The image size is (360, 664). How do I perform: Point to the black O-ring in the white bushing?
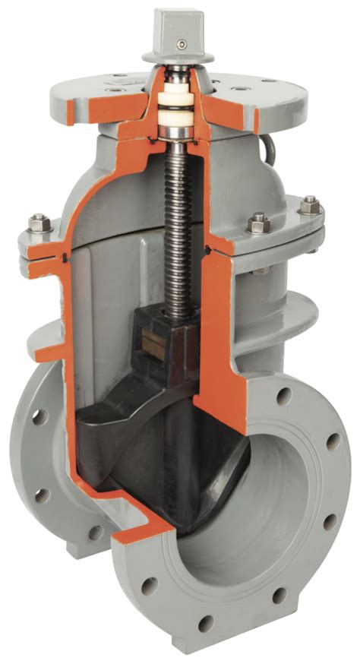click(x=178, y=115)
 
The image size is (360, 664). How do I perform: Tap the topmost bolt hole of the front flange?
click(x=283, y=396)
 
